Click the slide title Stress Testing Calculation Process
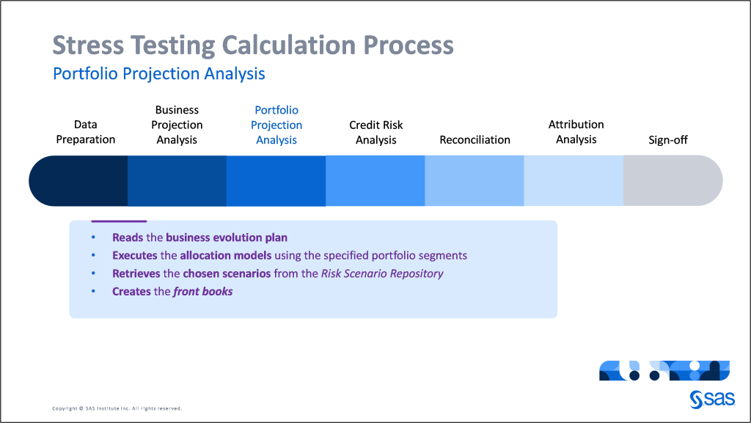(253, 45)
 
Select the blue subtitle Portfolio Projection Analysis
(159, 74)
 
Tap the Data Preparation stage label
(86, 132)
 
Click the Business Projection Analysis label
(177, 125)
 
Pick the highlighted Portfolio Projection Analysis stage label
(276, 125)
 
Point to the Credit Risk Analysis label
(376, 132)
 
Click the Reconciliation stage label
(475, 139)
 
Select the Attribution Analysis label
(576, 132)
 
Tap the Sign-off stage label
(668, 139)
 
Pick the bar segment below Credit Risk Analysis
(375, 181)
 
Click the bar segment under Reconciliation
(475, 181)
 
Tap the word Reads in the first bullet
(128, 238)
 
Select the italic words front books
(203, 291)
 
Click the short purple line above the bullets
(119, 221)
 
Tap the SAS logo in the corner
(710, 399)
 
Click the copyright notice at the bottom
(117, 408)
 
